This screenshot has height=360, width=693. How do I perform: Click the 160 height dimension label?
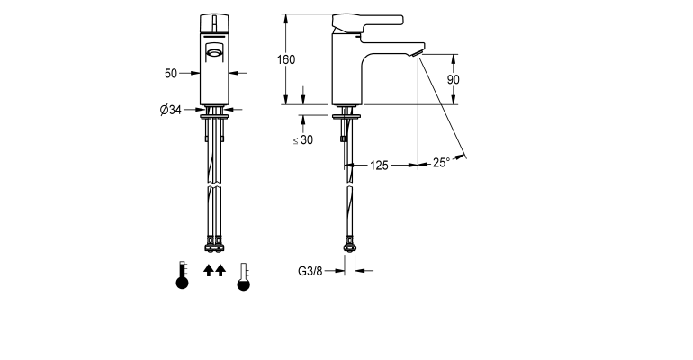[286, 59]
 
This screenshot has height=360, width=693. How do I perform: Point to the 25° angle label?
[441, 163]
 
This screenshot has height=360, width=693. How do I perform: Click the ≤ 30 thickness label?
[303, 139]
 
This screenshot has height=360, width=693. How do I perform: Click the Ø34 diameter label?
[171, 111]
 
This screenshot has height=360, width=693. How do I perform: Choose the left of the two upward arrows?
[208, 270]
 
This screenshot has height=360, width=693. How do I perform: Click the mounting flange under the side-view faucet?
[347, 114]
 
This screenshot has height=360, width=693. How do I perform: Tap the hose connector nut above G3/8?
[347, 243]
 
